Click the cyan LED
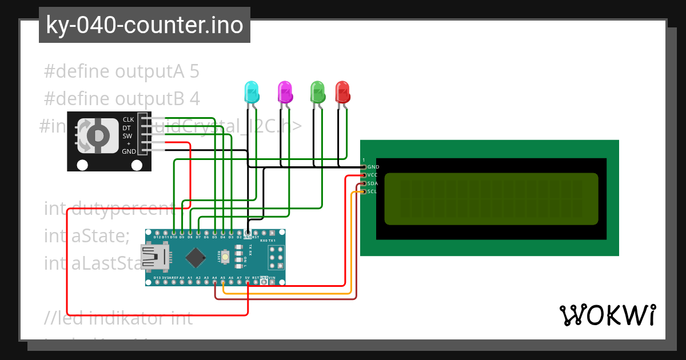pyautogui.click(x=251, y=91)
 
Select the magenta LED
pyautogui.click(x=285, y=91)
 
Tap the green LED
pyautogui.click(x=317, y=91)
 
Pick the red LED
pyautogui.click(x=342, y=91)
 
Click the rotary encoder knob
pyautogui.click(x=98, y=135)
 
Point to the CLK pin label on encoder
pyautogui.click(x=128, y=119)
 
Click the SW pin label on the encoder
pyautogui.click(x=127, y=135)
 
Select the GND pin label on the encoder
pyautogui.click(x=129, y=151)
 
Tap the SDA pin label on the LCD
pyautogui.click(x=372, y=183)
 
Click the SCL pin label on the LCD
pyautogui.click(x=372, y=191)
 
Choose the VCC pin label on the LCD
pyautogui.click(x=372, y=175)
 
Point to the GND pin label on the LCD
pyautogui.click(x=373, y=167)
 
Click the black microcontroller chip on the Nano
pyautogui.click(x=196, y=258)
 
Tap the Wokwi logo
pyautogui.click(x=607, y=315)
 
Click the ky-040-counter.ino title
pyautogui.click(x=144, y=25)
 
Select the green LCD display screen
pyautogui.click(x=491, y=199)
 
